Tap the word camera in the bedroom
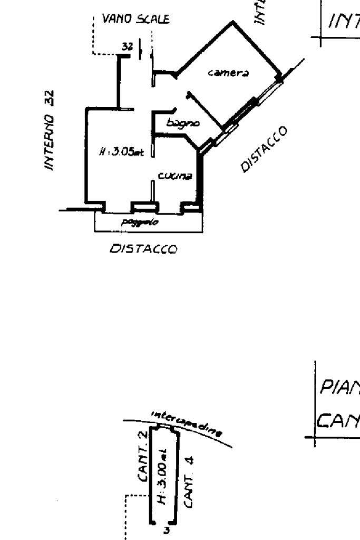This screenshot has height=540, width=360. coord(221,73)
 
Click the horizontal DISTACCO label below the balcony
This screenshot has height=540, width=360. coord(143,248)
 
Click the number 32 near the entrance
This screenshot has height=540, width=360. coord(127,46)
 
